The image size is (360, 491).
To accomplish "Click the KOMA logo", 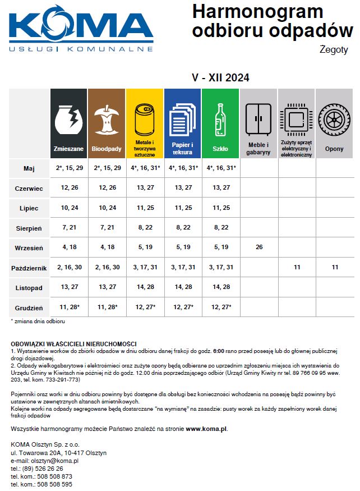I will point(81,28).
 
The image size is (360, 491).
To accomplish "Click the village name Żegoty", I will point(335,50).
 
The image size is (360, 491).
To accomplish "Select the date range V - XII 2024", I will point(220,77).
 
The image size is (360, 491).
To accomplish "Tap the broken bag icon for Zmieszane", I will point(69,120).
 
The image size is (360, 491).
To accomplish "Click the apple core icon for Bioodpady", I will point(107,120).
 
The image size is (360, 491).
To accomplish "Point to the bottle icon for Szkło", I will point(220,120).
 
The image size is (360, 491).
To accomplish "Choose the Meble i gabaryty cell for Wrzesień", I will point(259,247).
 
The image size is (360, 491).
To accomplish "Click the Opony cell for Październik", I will point(335,268).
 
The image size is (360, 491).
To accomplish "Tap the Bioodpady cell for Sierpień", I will point(107,227).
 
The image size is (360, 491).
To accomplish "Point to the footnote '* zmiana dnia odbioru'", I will point(38,322).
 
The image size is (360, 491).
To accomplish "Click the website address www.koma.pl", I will point(206,428).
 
